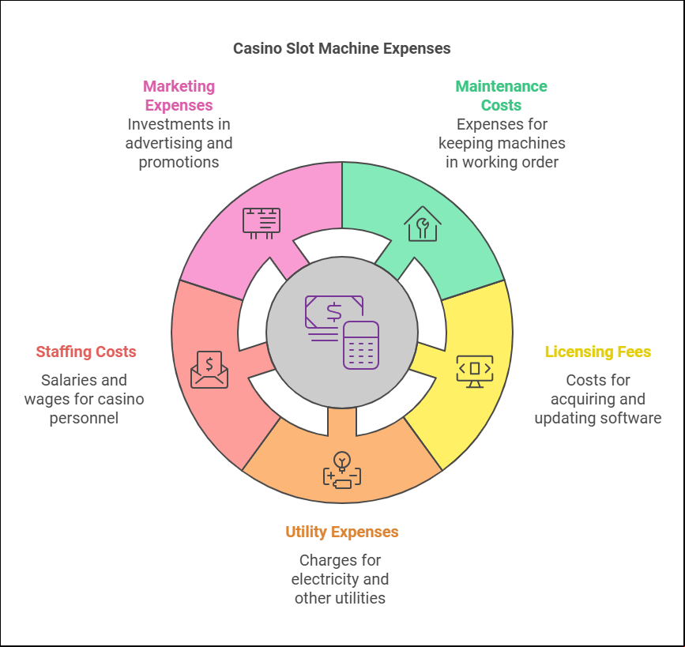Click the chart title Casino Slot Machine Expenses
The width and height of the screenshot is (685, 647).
tap(341, 48)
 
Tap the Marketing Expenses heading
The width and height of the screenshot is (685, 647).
tap(179, 96)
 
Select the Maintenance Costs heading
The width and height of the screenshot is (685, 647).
tap(501, 96)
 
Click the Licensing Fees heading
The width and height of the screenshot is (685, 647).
tap(597, 352)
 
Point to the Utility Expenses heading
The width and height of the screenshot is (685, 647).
tap(341, 532)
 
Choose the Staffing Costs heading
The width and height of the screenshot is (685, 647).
tap(86, 352)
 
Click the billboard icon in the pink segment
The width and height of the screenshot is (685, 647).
tap(262, 224)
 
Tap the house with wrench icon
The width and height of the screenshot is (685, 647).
tap(423, 224)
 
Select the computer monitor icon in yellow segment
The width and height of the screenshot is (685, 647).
tap(474, 371)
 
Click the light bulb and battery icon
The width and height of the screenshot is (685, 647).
tap(342, 470)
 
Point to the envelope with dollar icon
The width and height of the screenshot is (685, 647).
tap(209, 370)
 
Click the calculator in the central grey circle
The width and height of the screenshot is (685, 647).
tap(361, 345)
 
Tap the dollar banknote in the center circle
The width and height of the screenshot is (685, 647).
tap(334, 312)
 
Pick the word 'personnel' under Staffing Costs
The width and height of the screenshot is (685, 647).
tap(84, 419)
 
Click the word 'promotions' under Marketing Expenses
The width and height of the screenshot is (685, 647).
tap(179, 163)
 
